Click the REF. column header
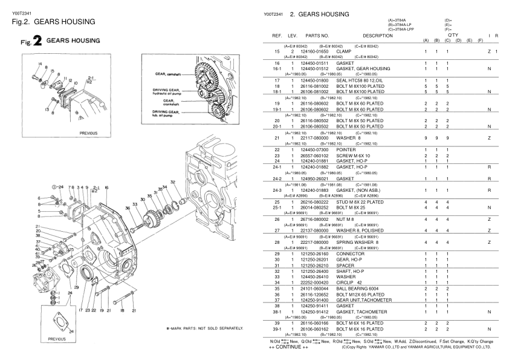274,37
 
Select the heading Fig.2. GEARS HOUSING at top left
53,22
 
